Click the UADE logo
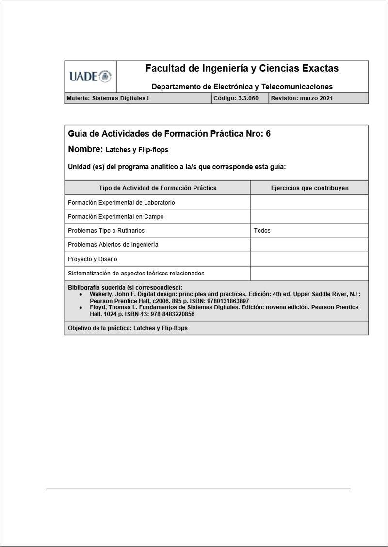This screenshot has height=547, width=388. pos(90,77)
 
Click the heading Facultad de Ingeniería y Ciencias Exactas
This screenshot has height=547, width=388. pos(242,69)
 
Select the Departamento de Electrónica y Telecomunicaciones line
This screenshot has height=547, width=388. pos(242,87)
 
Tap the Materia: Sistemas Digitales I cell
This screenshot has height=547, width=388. pos(108,98)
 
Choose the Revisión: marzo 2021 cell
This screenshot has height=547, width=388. pos(302,98)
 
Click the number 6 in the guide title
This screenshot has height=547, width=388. pos(268,134)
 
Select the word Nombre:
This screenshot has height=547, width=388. pos(85,149)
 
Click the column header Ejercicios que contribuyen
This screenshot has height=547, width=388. pos(309,188)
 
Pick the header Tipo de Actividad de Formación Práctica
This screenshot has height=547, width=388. pos(158,188)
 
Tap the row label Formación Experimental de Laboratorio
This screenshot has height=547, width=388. pos(121,203)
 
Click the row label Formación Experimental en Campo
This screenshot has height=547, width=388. pos(115,217)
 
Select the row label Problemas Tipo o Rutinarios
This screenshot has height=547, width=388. pos(106,231)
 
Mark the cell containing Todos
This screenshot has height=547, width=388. pos(262,231)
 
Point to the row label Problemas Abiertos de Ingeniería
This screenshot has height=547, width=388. pos(113,245)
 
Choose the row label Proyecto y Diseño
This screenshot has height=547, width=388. pos(93,259)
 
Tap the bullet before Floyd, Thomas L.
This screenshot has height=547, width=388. pos(81,308)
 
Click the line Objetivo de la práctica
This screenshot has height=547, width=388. pos(128,328)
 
